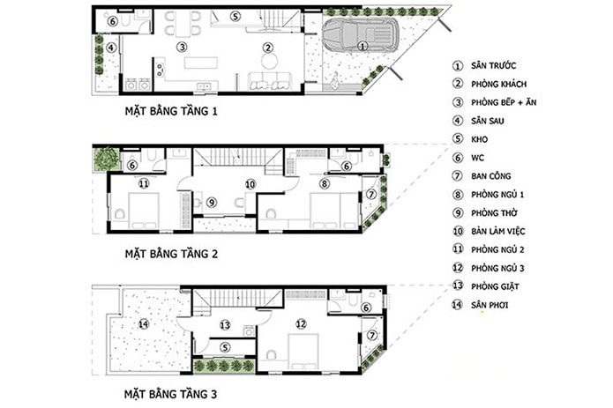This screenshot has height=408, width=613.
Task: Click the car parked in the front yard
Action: tap(361, 36)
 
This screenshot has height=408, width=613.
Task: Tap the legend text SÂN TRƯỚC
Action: tap(493, 65)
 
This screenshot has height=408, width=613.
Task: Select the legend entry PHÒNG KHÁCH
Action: tap(499, 84)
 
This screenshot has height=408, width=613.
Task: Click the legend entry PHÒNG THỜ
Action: tap(494, 212)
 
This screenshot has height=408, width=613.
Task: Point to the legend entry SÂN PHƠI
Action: tap(490, 305)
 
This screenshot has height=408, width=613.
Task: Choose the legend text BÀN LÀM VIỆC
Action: tap(498, 231)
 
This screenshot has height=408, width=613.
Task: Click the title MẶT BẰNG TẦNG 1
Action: tap(171, 111)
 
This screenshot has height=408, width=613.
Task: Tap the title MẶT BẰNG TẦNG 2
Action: tap(171, 254)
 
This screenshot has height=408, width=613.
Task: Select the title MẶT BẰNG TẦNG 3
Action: tap(170, 394)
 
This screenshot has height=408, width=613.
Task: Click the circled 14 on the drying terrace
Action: tap(144, 323)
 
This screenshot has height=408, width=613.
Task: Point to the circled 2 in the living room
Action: tap(268, 48)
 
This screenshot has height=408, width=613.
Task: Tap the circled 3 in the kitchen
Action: tap(182, 48)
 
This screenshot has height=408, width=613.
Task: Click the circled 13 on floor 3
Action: tap(225, 325)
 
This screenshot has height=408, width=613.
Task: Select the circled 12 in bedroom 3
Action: tap(301, 323)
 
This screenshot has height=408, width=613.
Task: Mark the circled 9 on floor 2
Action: tap(212, 203)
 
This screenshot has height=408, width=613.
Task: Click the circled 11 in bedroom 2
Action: tap(144, 183)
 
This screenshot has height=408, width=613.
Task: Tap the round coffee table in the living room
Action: tap(269, 61)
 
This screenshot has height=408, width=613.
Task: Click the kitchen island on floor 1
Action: tap(200, 63)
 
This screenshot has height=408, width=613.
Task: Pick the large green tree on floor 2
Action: tap(107, 159)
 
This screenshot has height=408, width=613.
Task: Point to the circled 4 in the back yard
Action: tap(111, 48)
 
